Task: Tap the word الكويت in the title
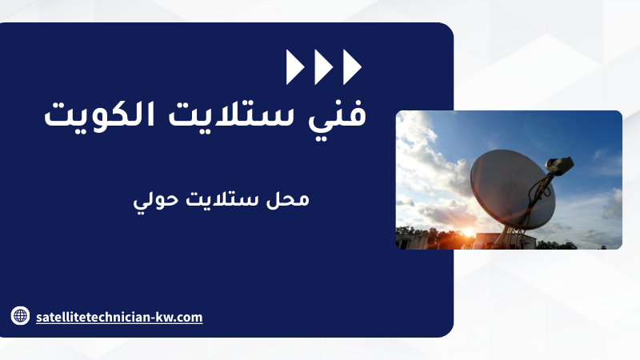coord(99,114)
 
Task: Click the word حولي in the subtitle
coord(156,201)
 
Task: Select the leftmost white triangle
coord(295,67)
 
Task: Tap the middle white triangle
coord(324,67)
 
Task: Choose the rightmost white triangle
coord(352,67)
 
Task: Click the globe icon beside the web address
coord(20,316)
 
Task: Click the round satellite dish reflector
coord(512,189)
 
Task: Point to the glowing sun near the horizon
coord(468,233)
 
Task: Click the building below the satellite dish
coord(506,241)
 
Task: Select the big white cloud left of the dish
coord(429,171)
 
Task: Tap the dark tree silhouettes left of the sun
coord(425,238)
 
